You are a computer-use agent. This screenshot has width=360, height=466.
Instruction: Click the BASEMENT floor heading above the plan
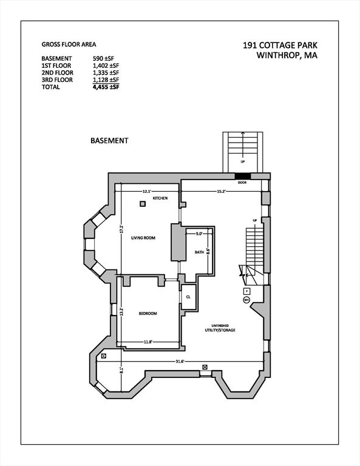[x=109, y=140]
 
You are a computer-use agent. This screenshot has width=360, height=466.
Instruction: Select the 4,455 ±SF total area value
[x=105, y=88]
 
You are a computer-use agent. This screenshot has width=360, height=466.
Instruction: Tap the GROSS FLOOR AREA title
[x=69, y=44]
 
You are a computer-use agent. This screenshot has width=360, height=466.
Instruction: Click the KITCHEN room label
[x=160, y=199]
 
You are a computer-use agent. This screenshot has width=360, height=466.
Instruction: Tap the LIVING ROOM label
[x=143, y=238]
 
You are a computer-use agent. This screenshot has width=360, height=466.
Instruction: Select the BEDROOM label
[x=148, y=313]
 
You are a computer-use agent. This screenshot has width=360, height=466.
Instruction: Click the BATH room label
[x=199, y=252]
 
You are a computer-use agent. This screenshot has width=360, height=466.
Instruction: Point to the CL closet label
[x=188, y=297]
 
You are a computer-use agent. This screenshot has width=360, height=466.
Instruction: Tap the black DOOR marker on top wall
[x=242, y=177]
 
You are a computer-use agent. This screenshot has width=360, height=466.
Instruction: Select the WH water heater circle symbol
[x=246, y=300]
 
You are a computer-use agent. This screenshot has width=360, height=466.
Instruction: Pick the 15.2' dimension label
[x=222, y=191]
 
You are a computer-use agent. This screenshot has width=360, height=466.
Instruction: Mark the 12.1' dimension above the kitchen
[x=146, y=191]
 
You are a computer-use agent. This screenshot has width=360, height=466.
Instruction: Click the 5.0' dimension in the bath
[x=199, y=234]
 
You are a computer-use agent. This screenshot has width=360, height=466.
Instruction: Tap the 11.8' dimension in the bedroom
[x=148, y=342]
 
